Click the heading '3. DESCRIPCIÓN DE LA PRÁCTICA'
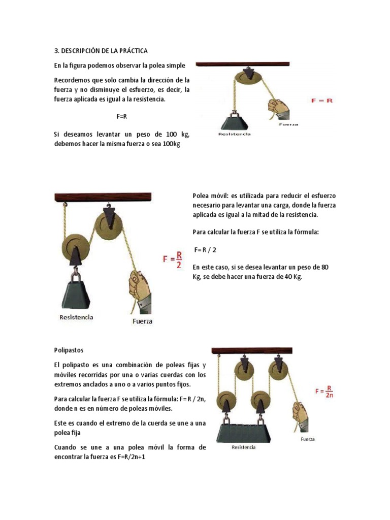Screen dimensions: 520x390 tap(101, 51)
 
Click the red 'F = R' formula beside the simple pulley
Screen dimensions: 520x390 tap(321, 101)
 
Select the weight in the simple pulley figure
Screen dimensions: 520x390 tap(234, 122)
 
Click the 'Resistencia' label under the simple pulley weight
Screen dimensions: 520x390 tap(234, 135)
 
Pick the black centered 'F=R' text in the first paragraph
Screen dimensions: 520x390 tap(121, 116)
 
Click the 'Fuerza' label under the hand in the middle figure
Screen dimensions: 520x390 tap(142, 321)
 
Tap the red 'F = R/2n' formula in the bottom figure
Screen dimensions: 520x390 tap(325, 392)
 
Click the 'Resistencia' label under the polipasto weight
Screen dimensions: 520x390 tap(244, 447)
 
